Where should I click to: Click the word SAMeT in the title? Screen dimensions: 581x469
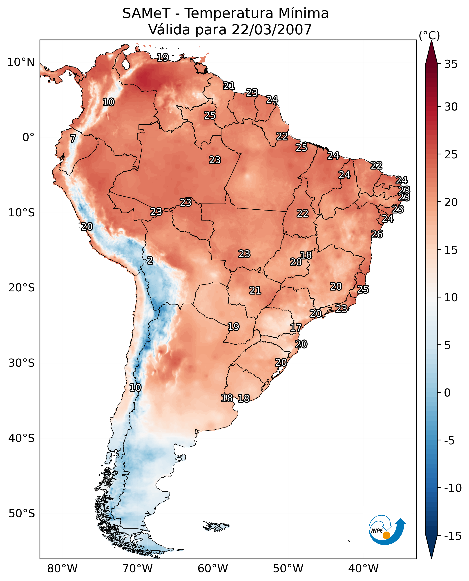(x=146, y=13)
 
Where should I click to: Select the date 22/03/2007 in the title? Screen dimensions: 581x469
(x=272, y=30)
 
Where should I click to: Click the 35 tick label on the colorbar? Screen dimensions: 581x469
(x=451, y=64)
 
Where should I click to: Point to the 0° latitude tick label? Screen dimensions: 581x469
(x=28, y=137)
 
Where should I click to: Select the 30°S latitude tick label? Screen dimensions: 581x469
(x=21, y=363)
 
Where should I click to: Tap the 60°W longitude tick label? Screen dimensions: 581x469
(x=213, y=568)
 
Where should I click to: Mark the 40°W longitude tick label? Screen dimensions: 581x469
(x=363, y=568)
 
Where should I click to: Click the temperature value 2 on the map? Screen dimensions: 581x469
(x=150, y=261)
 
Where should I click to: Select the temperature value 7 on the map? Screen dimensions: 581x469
(x=73, y=138)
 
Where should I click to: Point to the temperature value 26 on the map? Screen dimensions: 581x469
(x=377, y=234)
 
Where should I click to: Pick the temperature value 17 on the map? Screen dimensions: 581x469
(x=296, y=328)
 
